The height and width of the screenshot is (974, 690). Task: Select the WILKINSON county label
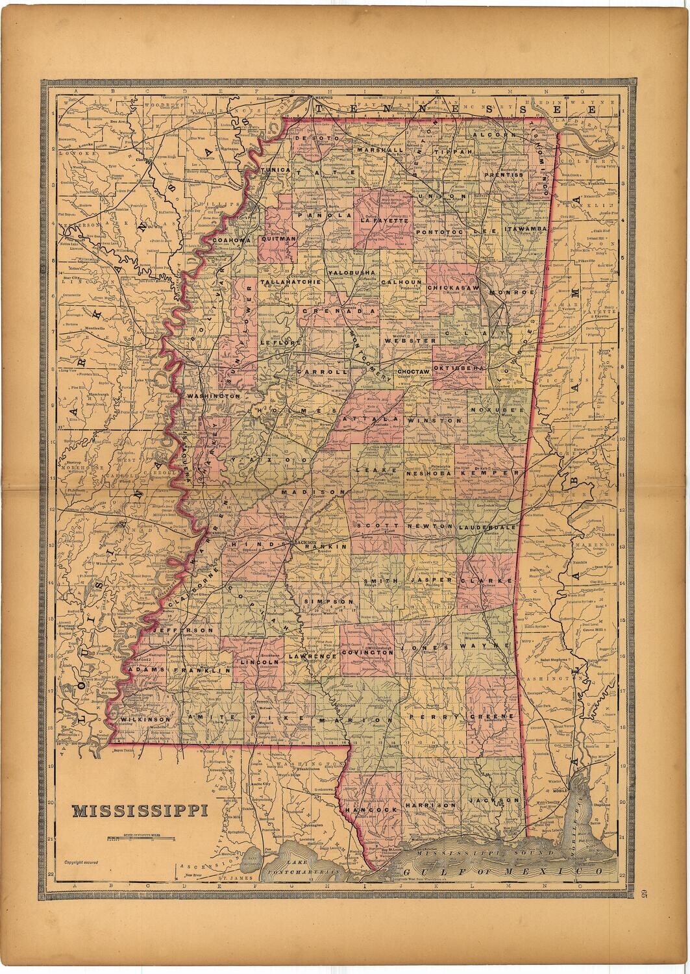[x=146, y=719]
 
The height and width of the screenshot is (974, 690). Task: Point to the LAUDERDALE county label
[x=487, y=528]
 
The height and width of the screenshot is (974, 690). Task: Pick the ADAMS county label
[x=147, y=669]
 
